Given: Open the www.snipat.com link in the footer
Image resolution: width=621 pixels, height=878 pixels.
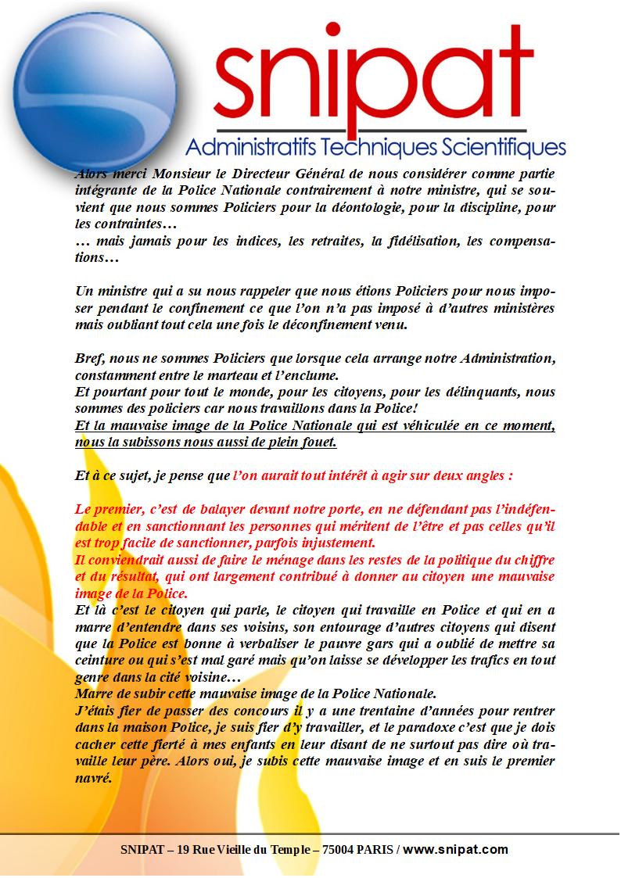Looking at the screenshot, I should (455, 849).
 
